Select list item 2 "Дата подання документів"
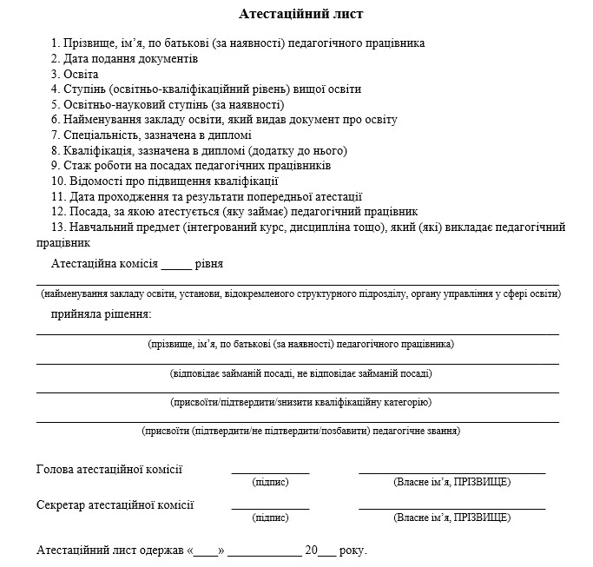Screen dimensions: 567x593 [124, 58]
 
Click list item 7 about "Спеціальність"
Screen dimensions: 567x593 [151, 135]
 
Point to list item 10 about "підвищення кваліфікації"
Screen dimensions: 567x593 [164, 181]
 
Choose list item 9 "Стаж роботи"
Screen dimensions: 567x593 [191, 165]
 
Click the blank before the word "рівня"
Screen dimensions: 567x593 [175, 265]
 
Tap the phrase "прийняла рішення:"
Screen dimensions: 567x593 [101, 313]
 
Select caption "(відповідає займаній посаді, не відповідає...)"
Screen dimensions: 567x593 [300, 373]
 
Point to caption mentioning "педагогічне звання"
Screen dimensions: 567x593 [300, 431]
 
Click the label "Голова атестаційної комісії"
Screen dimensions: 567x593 [109, 470]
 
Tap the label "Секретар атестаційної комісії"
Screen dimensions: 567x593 [115, 504]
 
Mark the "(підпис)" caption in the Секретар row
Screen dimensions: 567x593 [270, 518]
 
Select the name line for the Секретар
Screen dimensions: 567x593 [451, 508]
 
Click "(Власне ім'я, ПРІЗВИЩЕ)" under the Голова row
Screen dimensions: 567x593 [451, 482]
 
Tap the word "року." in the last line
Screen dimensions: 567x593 [353, 551]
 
